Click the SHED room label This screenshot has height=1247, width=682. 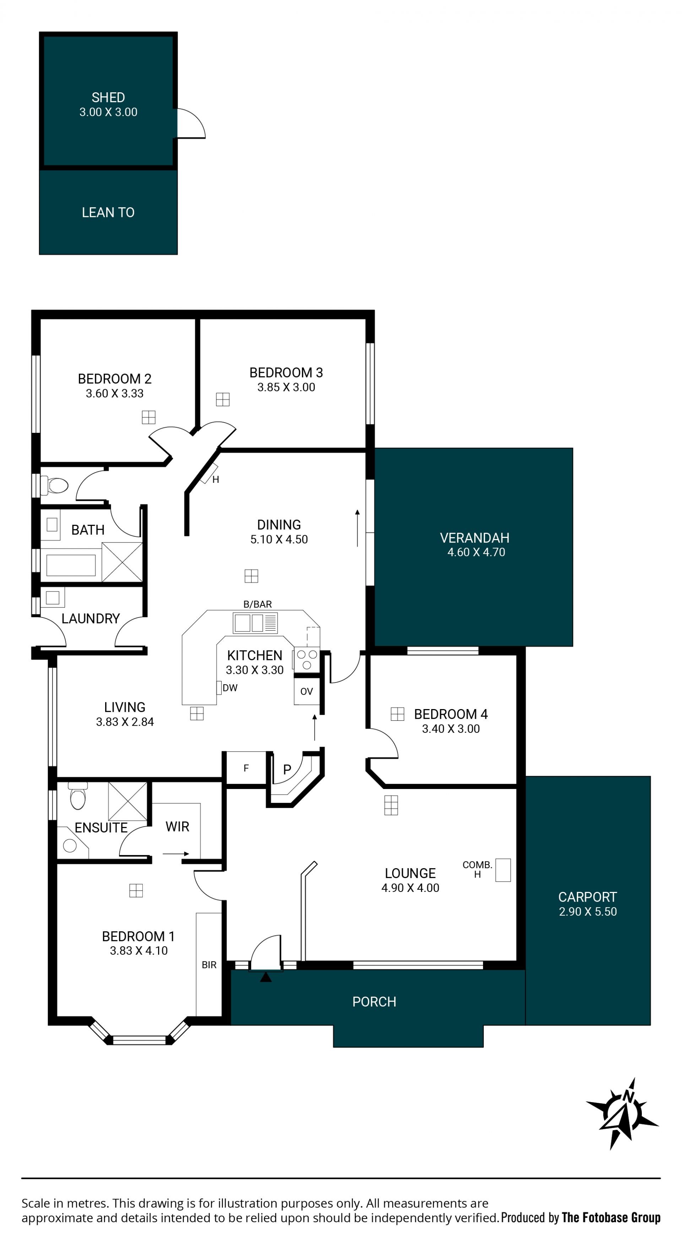click(108, 97)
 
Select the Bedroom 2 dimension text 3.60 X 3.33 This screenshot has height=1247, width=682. click(115, 393)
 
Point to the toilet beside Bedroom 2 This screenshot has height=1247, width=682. click(54, 485)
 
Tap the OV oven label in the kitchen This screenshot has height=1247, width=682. click(307, 691)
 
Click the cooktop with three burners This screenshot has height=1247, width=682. click(307, 659)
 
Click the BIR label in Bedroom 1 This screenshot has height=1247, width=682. click(209, 965)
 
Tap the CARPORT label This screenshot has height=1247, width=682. click(588, 897)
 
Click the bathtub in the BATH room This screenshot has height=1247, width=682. click(71, 565)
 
